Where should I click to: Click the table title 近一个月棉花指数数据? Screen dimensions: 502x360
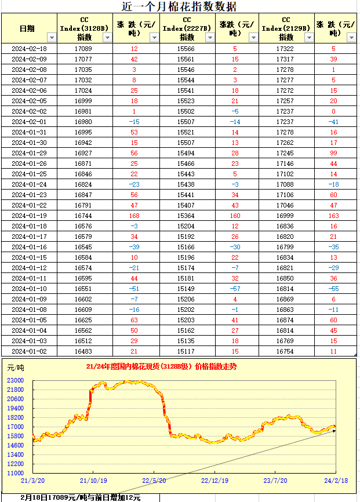point(179,7)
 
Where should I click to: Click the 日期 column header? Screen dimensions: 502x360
point(27,28)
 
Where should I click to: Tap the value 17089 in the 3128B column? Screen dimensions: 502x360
point(83,49)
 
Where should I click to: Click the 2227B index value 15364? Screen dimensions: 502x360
point(186,214)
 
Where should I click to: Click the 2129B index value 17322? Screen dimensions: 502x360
point(285,49)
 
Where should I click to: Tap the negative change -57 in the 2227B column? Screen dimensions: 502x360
point(235,289)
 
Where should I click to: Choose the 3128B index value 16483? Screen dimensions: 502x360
point(83,351)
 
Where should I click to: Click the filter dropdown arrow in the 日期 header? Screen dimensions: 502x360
point(51,37)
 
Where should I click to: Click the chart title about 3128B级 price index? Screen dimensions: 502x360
point(161,366)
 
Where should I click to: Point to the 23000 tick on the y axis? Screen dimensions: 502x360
point(16,380)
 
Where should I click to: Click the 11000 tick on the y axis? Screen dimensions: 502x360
point(16,474)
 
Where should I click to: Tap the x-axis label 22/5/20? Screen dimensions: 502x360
point(155,481)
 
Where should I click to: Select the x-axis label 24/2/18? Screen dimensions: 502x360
point(335,481)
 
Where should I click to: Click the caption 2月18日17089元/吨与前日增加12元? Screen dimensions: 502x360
point(81,497)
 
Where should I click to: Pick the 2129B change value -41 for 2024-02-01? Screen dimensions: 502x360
point(334,121)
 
